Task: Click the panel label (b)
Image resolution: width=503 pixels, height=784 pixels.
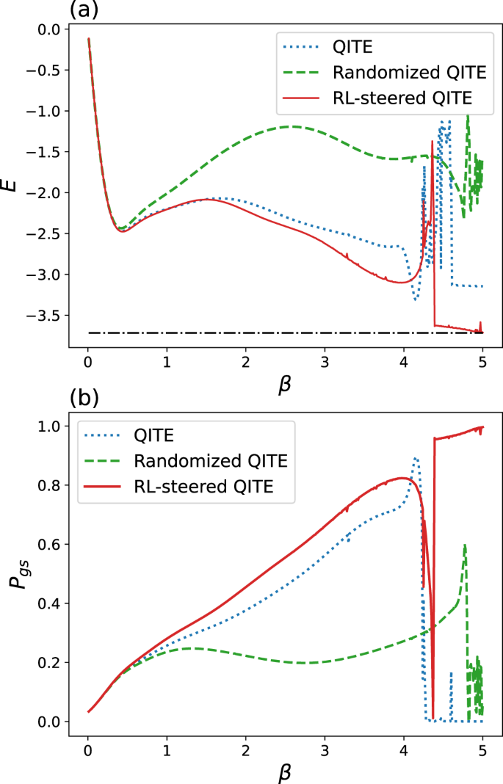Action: pyautogui.click(x=84, y=399)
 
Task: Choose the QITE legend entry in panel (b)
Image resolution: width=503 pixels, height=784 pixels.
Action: pyautogui.click(x=154, y=438)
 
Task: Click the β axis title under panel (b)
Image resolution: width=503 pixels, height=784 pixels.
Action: pyautogui.click(x=284, y=771)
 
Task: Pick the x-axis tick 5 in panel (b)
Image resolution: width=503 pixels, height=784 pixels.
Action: pyautogui.click(x=482, y=749)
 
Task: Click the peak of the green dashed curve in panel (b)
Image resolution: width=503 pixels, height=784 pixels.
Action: pyautogui.click(x=464, y=545)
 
